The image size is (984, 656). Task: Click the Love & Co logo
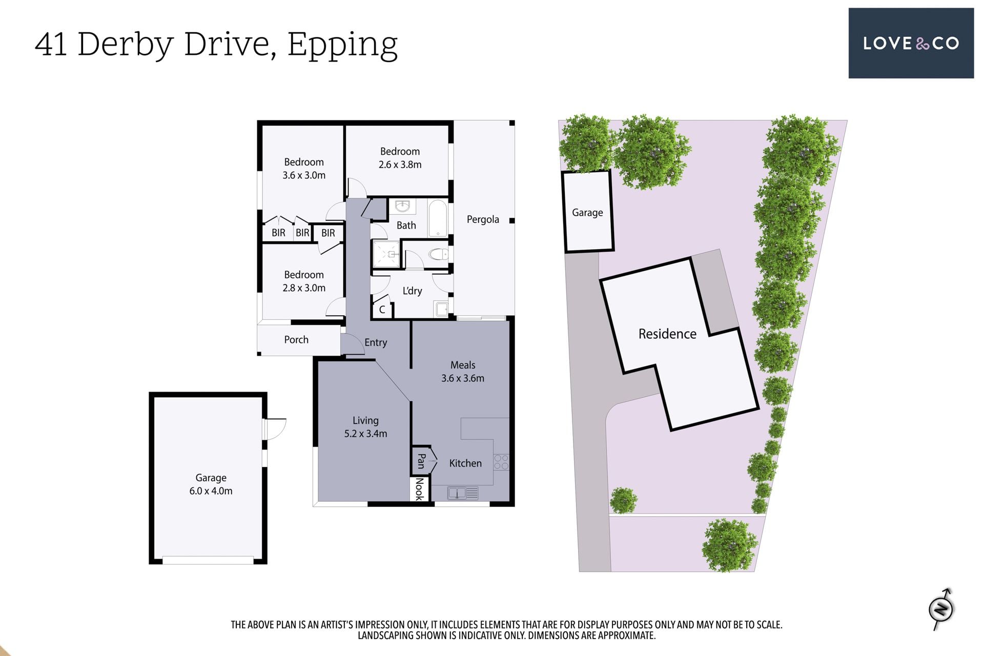[911, 43]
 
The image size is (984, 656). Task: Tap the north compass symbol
[941, 609]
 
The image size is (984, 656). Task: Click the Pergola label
[483, 220]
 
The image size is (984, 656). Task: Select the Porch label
[296, 340]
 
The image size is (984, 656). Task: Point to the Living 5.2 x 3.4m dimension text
[365, 427]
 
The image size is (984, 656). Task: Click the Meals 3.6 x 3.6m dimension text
[463, 372]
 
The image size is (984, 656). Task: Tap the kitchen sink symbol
[463, 493]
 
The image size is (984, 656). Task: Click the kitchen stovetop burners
[501, 462]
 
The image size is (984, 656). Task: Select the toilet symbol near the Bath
[438, 254]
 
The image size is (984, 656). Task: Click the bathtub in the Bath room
[438, 218]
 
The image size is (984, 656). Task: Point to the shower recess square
[386, 254]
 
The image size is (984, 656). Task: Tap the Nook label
[419, 489]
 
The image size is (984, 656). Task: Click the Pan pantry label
[421, 461]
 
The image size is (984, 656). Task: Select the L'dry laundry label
[412, 291]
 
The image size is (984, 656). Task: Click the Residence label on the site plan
[667, 334]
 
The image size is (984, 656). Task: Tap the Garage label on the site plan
[587, 213]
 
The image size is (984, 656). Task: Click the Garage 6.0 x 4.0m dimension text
[211, 484]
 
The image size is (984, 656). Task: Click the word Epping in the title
[342, 45]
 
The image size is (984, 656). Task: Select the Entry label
[376, 343]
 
